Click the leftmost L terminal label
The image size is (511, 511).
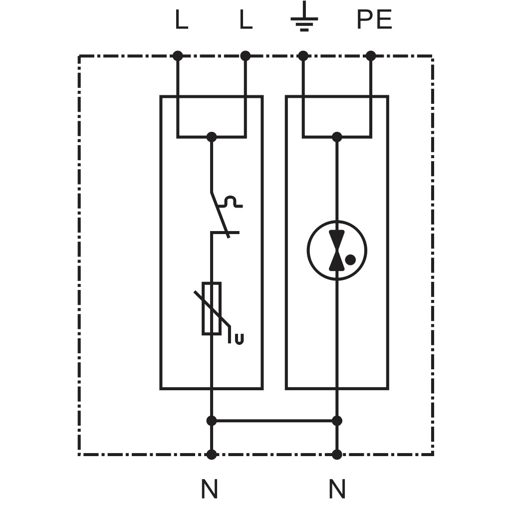click(182, 19)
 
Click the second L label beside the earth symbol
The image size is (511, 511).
click(246, 19)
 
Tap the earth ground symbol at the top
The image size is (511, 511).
click(304, 16)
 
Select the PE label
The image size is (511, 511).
click(374, 19)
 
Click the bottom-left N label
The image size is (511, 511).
click(209, 489)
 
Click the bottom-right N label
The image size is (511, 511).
click(337, 489)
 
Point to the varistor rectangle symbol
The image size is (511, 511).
click(212, 308)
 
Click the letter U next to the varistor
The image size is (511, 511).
click(239, 339)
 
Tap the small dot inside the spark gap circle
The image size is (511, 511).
click(350, 259)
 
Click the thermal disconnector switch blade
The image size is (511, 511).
click(220, 215)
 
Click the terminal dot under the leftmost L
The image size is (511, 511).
click(178, 56)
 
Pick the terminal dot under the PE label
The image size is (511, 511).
click(371, 56)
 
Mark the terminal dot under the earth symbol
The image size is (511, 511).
click(303, 56)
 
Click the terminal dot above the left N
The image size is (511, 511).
click(212, 454)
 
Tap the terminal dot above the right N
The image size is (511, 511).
click(337, 454)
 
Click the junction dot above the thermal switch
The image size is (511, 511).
click(212, 137)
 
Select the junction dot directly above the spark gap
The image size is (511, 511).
click(337, 137)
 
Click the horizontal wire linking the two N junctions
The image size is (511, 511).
click(274, 421)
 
